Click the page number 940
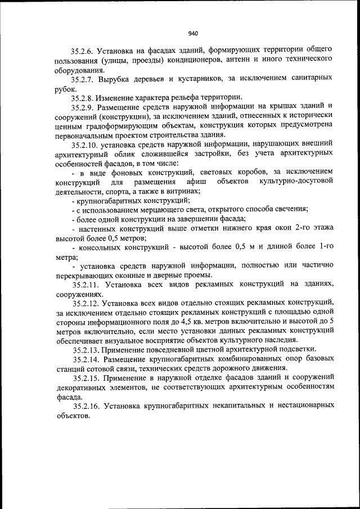[194, 33]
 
